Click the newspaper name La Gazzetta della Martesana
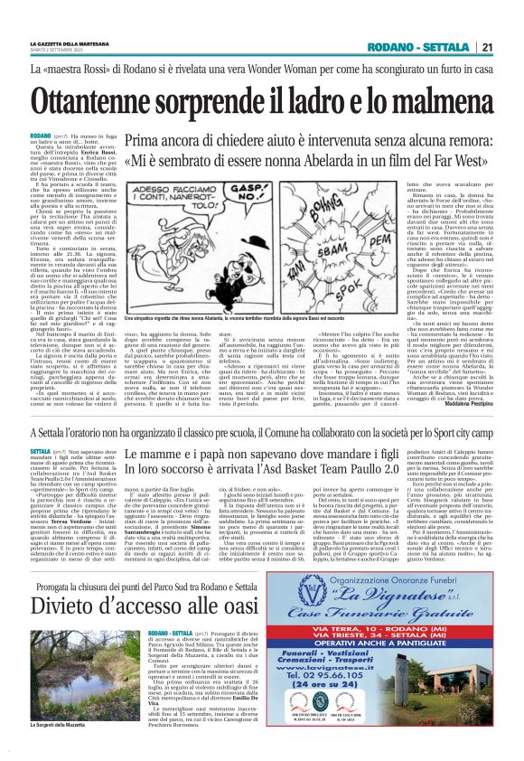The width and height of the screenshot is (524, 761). (68, 42)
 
